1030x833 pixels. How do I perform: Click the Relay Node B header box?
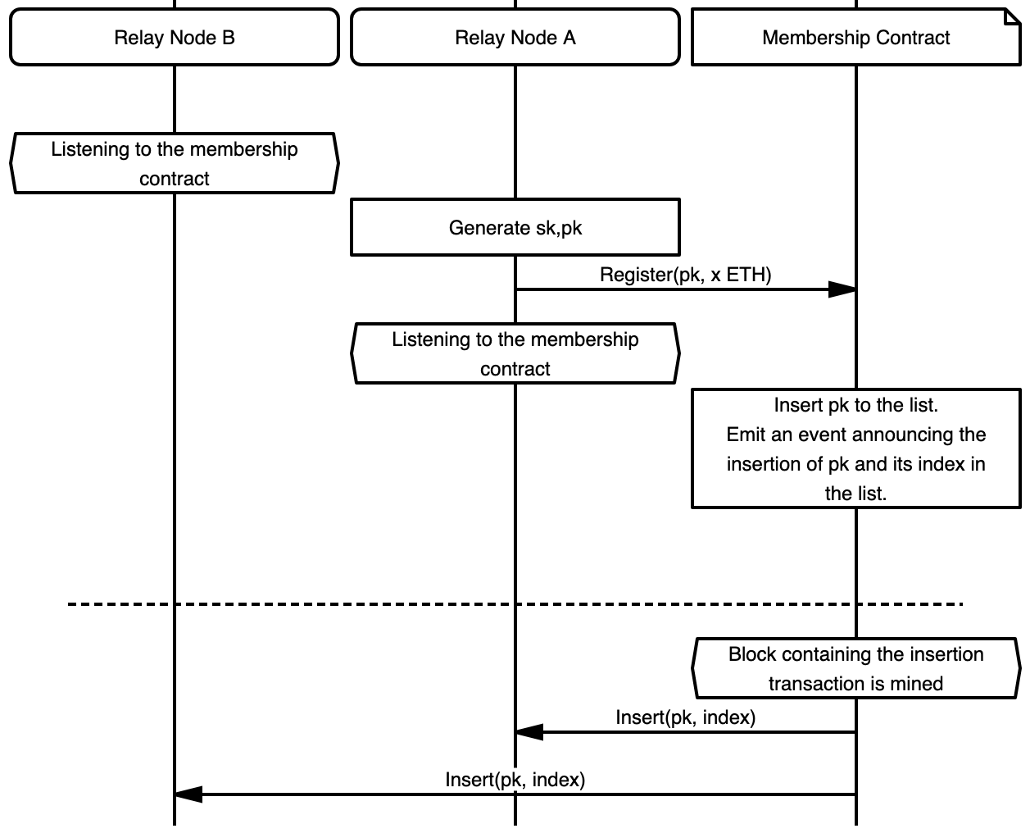174,38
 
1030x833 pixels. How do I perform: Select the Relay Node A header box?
515,38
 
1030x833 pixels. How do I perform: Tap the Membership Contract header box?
855,38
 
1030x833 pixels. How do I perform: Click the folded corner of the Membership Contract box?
1012,16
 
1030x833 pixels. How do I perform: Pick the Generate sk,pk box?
515,227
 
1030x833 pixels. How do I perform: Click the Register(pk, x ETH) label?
685,275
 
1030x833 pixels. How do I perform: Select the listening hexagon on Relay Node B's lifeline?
174,164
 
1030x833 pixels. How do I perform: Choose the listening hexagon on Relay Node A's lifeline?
515,354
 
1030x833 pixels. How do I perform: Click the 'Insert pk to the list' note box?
855,448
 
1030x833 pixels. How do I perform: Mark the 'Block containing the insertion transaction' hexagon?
855,669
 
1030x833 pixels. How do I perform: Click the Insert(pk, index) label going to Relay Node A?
685,717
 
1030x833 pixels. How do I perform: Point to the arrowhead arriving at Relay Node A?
529,732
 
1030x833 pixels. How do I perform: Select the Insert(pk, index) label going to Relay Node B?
515,779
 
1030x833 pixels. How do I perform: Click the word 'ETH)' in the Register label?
749,275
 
